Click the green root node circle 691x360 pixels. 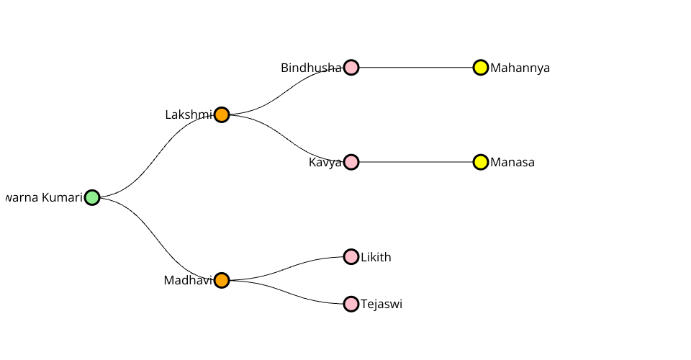(92, 197)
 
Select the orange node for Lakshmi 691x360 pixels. (222, 114)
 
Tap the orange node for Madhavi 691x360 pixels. (222, 280)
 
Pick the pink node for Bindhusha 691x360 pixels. (351, 68)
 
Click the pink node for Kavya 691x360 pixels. (351, 162)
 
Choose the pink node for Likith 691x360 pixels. (351, 256)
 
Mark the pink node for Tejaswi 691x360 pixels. (351, 304)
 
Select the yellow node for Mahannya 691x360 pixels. (481, 68)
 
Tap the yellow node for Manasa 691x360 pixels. (481, 162)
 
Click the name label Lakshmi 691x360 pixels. (189, 114)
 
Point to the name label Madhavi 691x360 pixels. (188, 280)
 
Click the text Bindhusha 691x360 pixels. (311, 68)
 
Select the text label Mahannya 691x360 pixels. (520, 68)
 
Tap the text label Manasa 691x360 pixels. (512, 162)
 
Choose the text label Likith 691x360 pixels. (376, 257)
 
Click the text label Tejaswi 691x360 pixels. (381, 304)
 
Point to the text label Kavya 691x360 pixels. (325, 162)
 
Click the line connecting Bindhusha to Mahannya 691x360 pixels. (416, 68)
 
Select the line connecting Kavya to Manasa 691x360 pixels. (416, 162)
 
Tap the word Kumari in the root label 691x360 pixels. (62, 197)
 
